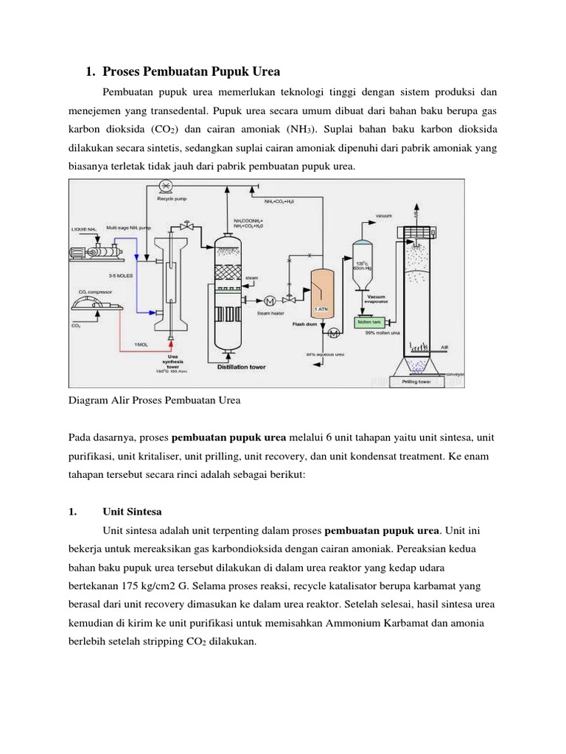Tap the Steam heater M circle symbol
point(269,300)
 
